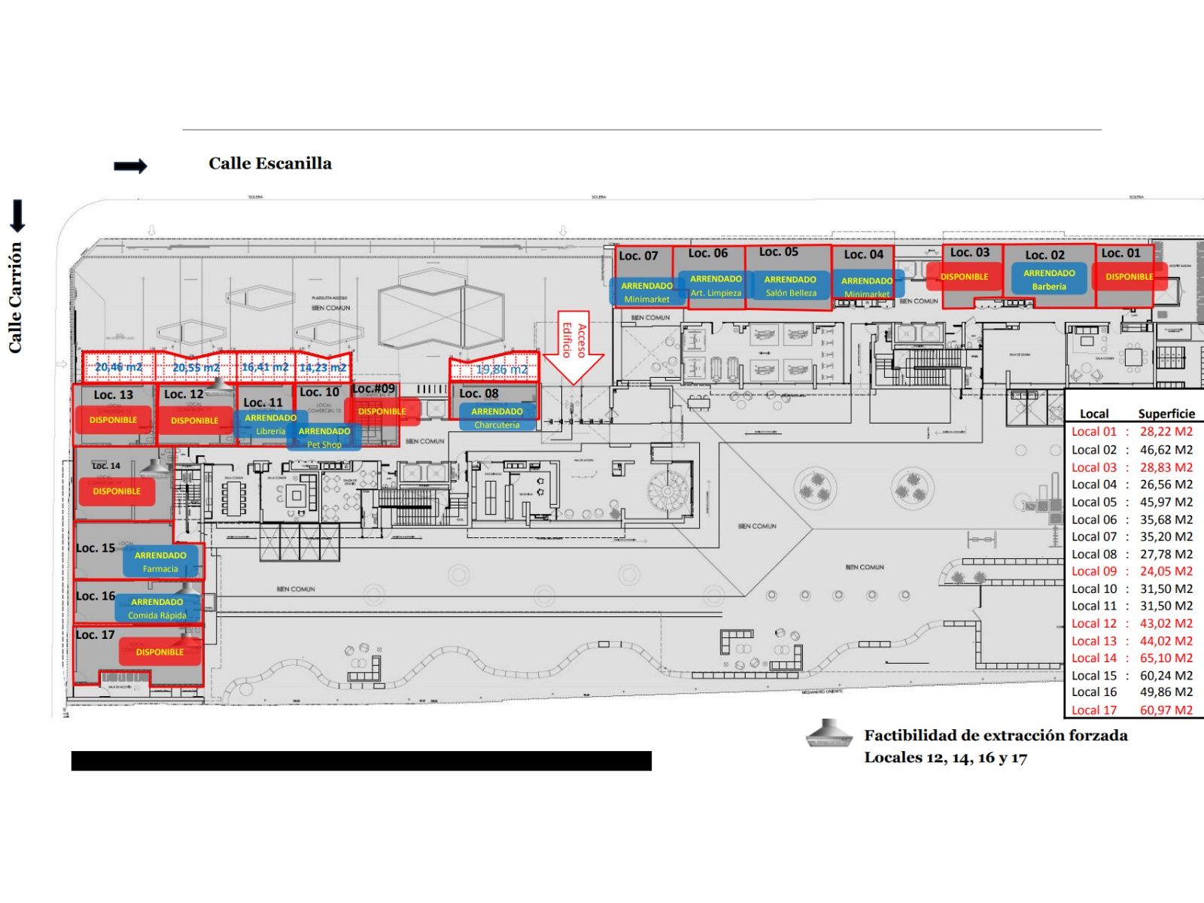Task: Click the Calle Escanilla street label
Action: point(269,163)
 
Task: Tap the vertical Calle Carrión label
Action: point(15,297)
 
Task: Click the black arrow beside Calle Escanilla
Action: point(130,166)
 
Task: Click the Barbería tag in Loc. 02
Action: point(1049,279)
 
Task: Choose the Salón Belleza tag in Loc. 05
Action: point(790,286)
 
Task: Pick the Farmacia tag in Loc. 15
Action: point(160,561)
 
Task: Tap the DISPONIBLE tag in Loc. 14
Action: point(117,491)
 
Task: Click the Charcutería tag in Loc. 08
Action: point(497,418)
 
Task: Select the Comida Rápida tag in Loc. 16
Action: point(157,608)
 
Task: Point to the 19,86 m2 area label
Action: point(501,369)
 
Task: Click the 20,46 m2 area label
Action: point(118,367)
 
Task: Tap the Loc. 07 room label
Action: point(638,256)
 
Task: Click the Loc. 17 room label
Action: point(95,634)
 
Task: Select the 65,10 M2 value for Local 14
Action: point(1166,658)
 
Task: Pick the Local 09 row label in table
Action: point(1094,571)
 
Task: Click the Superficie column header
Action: point(1166,413)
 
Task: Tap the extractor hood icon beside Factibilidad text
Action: point(829,734)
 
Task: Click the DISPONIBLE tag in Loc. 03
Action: point(964,277)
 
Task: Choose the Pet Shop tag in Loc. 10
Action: point(324,437)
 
